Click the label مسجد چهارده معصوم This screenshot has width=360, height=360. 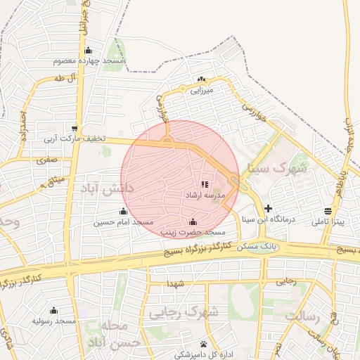[89, 61]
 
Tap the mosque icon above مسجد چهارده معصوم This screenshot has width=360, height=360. [88, 50]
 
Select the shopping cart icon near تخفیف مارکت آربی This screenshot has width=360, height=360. [75, 128]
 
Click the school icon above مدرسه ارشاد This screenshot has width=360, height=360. [205, 184]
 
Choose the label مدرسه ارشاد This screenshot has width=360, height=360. [205, 194]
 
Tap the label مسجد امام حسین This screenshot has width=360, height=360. [123, 222]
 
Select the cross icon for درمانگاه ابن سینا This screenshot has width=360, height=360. [268, 208]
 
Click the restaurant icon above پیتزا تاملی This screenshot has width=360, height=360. [328, 211]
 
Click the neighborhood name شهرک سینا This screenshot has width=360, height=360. [278, 169]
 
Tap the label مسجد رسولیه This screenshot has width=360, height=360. [53, 321]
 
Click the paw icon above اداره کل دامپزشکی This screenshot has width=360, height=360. [203, 344]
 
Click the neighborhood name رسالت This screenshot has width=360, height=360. [302, 317]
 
